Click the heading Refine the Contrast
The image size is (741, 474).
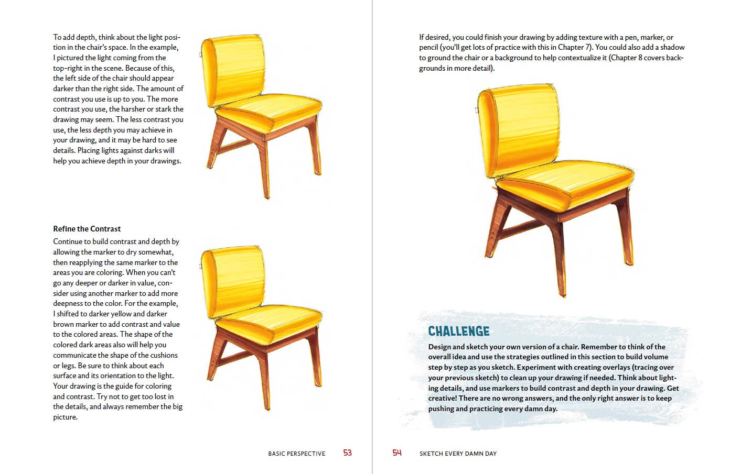87,229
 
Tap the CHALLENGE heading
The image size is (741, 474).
459,331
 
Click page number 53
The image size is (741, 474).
347,453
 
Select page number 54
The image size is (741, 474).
397,453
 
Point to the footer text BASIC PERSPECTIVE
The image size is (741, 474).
296,454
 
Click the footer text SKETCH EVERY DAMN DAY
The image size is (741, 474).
458,454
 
